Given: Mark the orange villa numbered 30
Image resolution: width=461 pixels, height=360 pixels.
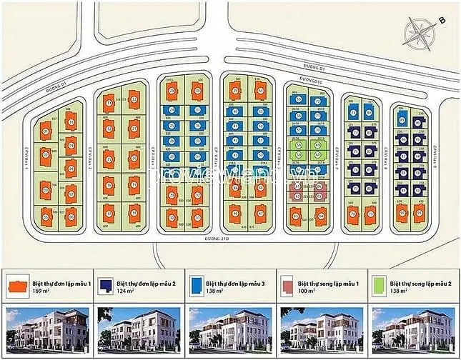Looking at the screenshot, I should click(172, 216).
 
